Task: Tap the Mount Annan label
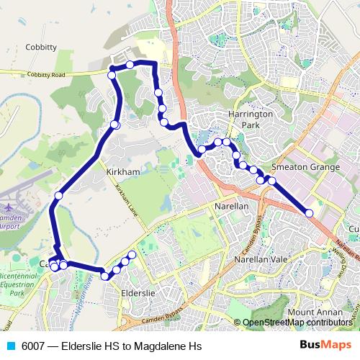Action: pyautogui.click(x=310, y=312)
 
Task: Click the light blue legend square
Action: pyautogui.click(x=10, y=346)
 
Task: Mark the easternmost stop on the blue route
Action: pyautogui.click(x=310, y=213)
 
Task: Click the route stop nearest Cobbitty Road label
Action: pyautogui.click(x=112, y=75)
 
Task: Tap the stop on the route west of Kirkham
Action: pyautogui.click(x=58, y=195)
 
